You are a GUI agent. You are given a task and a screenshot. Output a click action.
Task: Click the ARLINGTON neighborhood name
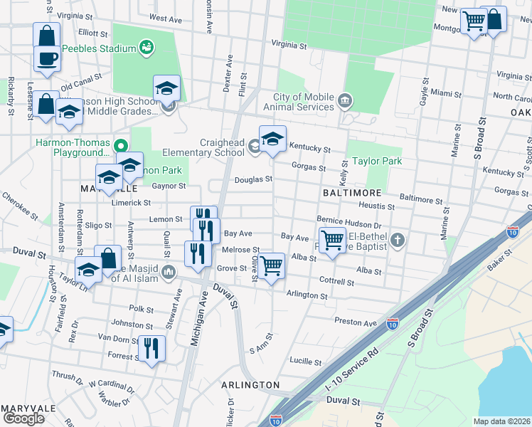click(250, 384)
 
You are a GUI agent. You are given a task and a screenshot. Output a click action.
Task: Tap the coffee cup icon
click(47, 58)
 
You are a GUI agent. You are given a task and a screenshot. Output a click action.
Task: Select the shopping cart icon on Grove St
click(271, 266)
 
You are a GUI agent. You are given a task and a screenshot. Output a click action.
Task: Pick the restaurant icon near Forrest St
click(151, 348)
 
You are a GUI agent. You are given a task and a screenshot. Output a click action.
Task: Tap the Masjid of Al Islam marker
click(169, 270)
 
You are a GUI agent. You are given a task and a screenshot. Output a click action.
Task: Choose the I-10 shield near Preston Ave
click(392, 324)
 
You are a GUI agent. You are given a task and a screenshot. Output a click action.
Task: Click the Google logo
click(23, 418)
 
